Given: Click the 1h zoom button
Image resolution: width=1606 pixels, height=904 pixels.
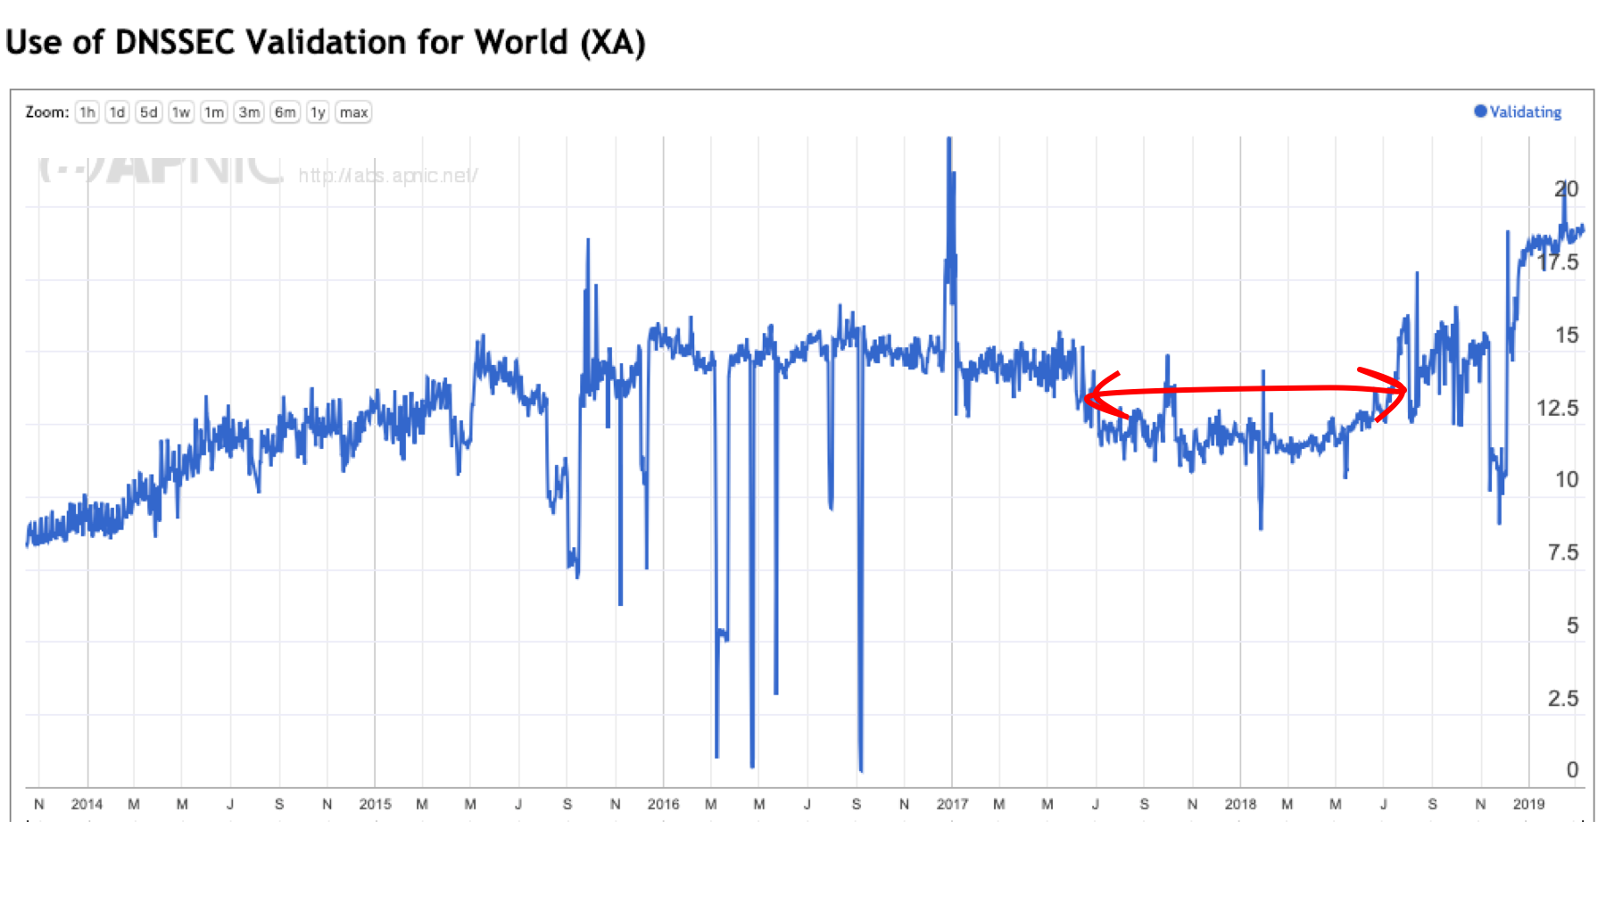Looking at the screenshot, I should [x=87, y=112].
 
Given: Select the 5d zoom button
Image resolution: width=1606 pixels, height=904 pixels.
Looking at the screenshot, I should [x=148, y=112].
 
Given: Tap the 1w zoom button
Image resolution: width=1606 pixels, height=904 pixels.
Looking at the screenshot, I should [x=181, y=112].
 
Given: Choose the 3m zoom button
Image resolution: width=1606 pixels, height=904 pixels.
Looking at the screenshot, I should [x=249, y=112].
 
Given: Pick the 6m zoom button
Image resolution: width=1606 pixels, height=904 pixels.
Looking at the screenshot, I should [x=285, y=112].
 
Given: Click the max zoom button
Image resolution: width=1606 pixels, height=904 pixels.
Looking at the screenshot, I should [x=353, y=112].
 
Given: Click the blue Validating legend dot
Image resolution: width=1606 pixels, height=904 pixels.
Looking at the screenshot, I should [x=1480, y=112].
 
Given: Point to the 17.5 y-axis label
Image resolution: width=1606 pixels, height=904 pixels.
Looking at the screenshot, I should [x=1557, y=262].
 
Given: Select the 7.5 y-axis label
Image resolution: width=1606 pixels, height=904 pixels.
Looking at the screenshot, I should [x=1562, y=553].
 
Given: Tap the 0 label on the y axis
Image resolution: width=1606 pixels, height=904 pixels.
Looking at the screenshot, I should [x=1572, y=770].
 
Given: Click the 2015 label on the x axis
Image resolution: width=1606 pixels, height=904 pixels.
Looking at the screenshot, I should [x=375, y=804].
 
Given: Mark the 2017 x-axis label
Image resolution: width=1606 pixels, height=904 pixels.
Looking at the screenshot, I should [x=952, y=804].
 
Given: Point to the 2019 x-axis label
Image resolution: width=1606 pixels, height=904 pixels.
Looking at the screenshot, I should [x=1528, y=804].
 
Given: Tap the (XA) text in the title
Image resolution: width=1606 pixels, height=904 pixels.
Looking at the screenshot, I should [x=613, y=42].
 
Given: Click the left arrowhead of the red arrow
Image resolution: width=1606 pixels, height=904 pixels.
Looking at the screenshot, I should [x=1090, y=394].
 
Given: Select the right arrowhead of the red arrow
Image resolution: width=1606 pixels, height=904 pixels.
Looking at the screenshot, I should [x=1403, y=389].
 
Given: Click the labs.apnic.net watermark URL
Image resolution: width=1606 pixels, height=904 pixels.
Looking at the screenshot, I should [x=388, y=176].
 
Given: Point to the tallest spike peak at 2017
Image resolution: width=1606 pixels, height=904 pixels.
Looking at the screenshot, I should [x=949, y=140].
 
